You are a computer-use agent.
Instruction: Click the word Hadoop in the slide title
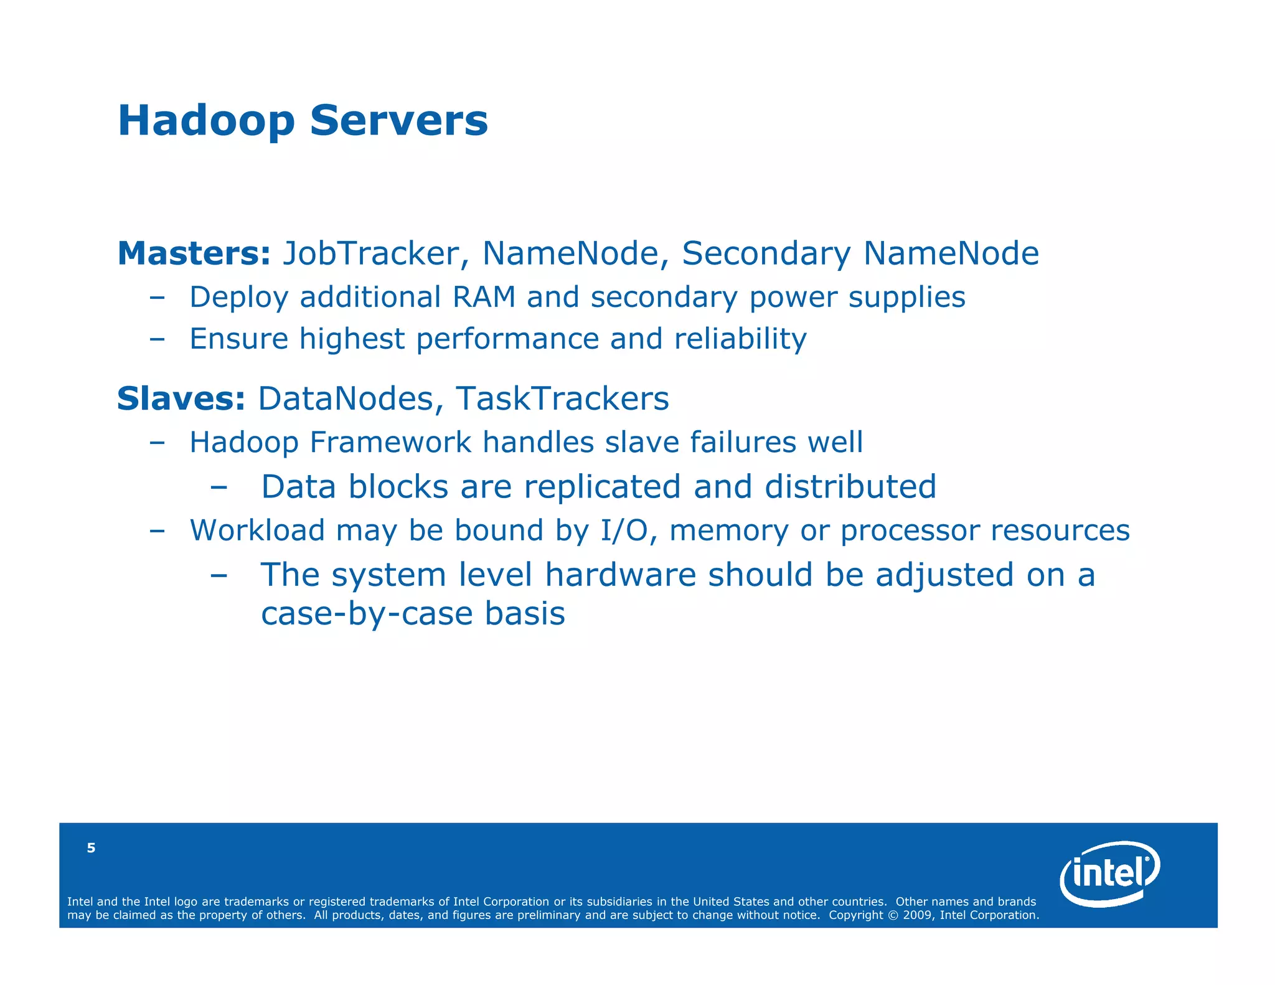(205, 121)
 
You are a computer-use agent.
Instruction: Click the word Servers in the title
(398, 120)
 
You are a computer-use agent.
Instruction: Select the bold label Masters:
(194, 254)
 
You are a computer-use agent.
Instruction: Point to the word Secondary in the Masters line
(766, 254)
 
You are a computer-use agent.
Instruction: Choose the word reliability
(740, 339)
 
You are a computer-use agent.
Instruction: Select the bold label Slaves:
(181, 399)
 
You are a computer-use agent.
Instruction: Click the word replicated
(602, 487)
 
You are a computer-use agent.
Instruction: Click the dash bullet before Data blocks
(219, 488)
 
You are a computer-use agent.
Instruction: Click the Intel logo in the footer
(1109, 874)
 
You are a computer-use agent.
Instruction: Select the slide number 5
(91, 848)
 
